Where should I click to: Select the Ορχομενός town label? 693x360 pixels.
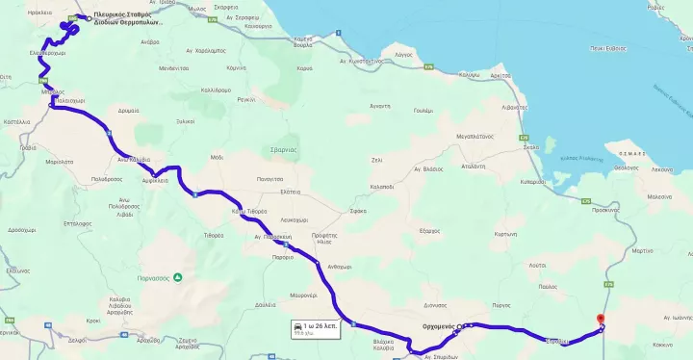pos(438,326)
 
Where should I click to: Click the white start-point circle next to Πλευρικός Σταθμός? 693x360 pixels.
pos(90,18)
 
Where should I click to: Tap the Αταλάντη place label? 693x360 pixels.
pos(473,167)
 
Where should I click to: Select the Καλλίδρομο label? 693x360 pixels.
pos(216,90)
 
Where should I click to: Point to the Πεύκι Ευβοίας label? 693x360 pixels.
pos(609,47)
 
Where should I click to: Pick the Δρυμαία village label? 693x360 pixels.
pos(128,111)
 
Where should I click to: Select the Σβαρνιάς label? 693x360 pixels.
pos(282,150)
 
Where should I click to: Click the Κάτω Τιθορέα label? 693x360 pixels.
pos(248,211)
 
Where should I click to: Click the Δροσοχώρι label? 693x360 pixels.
pos(21,231)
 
